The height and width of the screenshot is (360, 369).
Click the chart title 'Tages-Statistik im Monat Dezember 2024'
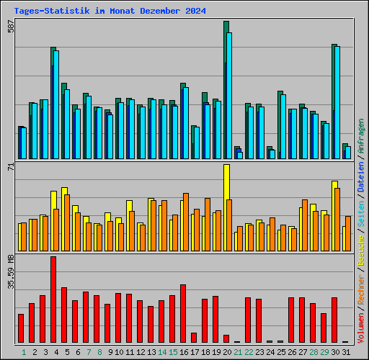[x=110, y=12]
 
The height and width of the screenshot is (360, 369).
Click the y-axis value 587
[x=10, y=27]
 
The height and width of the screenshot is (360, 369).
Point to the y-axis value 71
[x=10, y=167]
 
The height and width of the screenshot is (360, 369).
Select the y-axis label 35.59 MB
[x=10, y=272]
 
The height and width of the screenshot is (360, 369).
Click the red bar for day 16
[x=183, y=313]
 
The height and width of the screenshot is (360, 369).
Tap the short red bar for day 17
[x=194, y=337]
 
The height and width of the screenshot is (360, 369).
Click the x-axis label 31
[x=345, y=352]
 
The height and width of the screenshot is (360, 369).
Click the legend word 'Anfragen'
[x=361, y=137]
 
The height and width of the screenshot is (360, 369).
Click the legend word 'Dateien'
[x=361, y=177]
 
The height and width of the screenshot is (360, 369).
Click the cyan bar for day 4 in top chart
[x=56, y=104]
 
